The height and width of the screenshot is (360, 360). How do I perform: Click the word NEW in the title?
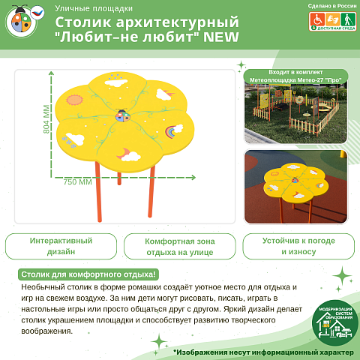pyautogui.click(x=217, y=37)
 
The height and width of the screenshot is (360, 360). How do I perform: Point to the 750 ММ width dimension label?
pyautogui.click(x=77, y=181)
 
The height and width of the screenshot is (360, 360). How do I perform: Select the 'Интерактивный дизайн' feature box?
pyautogui.click(x=61, y=247)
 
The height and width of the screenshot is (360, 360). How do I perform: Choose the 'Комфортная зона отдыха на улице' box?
pyautogui.click(x=179, y=247)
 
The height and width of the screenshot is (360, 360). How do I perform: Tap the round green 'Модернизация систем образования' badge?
pyautogui.click(x=334, y=323)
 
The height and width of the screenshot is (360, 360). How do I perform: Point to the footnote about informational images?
pyautogui.click(x=262, y=352)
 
